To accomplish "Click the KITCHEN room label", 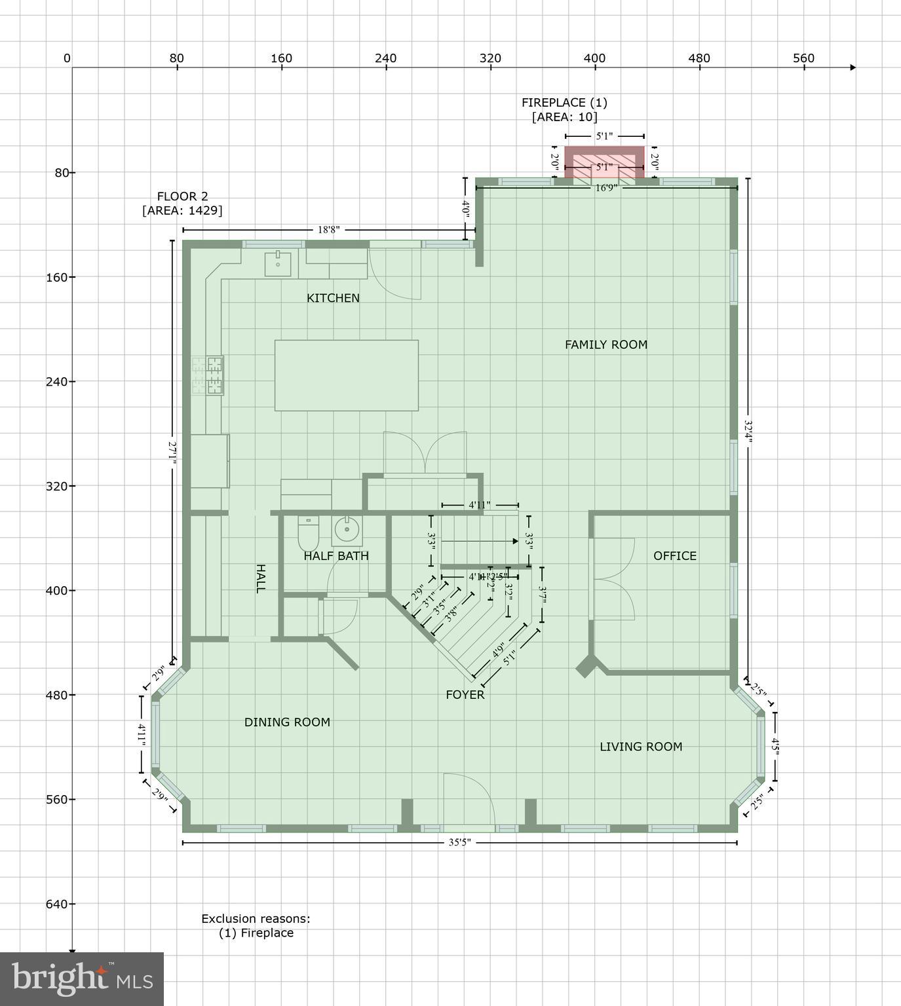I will (x=333, y=298).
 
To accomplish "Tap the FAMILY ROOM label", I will (x=606, y=345).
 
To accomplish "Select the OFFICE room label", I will (x=675, y=556).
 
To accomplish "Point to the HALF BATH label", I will (x=336, y=556).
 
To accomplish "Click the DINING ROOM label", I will (x=287, y=722).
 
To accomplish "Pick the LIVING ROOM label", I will (x=641, y=747).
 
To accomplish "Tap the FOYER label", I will (x=465, y=695).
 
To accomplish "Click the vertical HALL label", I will (x=260, y=578).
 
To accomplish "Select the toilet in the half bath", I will (x=308, y=534).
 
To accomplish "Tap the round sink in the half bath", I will (x=347, y=531).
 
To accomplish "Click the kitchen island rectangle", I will (x=346, y=375).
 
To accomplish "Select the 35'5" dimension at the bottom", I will (x=460, y=842).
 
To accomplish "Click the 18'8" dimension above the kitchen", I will (x=329, y=230).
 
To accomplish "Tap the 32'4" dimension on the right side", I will (x=748, y=432).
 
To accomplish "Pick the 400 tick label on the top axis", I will (x=594, y=58).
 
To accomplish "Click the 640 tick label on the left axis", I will (x=57, y=904).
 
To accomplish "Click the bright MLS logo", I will (x=82, y=978).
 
